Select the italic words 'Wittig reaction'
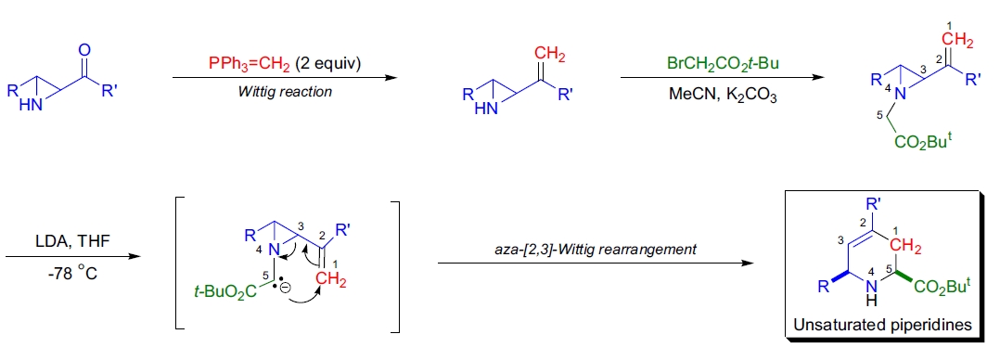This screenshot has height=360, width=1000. pyautogui.click(x=285, y=92)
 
